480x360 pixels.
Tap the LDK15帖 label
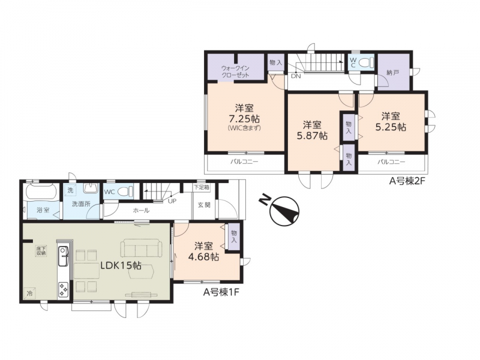click(121, 266)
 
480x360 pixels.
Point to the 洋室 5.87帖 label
click(312, 130)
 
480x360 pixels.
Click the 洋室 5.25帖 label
click(391, 122)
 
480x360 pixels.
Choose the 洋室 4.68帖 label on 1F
click(203, 251)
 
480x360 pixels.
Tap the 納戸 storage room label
click(393, 73)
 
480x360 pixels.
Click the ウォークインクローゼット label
click(235, 71)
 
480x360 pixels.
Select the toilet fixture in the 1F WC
click(126, 192)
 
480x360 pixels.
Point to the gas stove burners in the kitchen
click(64, 289)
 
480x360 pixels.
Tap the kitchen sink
click(64, 256)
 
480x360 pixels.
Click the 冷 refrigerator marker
click(30, 293)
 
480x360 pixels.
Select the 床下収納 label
click(41, 251)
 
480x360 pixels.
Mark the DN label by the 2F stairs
click(296, 76)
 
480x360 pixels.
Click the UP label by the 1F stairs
click(172, 202)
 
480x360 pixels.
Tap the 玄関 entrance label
click(204, 205)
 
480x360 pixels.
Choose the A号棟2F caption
click(407, 182)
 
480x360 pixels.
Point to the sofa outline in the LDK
click(142, 248)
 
